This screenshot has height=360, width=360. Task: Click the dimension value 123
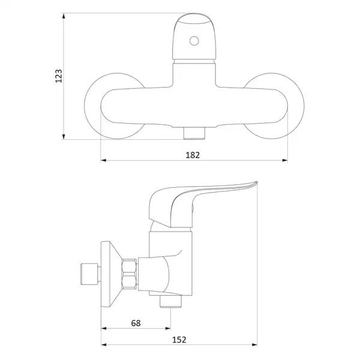click(59, 76)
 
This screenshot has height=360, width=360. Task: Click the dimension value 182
click(193, 155)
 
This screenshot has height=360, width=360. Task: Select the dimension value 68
click(136, 323)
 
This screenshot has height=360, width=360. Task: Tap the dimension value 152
click(179, 340)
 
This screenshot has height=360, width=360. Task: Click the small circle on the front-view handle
click(194, 41)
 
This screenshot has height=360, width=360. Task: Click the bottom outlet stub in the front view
click(194, 133)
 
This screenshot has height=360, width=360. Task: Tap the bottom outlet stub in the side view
click(170, 301)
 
